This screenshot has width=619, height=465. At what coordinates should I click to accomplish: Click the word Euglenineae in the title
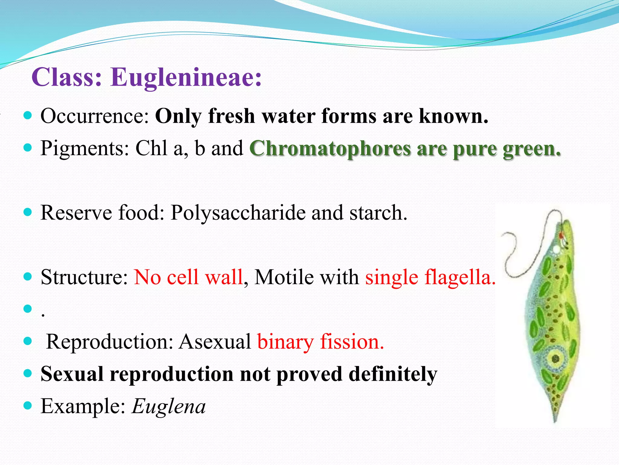(186, 77)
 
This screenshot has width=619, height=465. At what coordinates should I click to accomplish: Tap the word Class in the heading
(66, 77)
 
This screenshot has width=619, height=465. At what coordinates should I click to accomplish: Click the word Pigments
(85, 148)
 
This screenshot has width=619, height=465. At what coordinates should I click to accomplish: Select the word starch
(378, 213)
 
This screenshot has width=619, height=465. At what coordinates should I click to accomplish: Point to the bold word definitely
(393, 374)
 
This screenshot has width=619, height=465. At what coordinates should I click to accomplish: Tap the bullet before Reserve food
(28, 212)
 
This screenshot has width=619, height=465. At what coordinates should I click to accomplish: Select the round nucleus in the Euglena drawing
(556, 359)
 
